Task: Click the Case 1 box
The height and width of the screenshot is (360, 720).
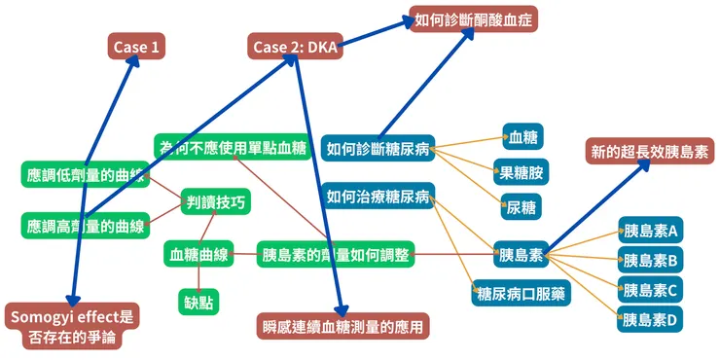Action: [x=135, y=47]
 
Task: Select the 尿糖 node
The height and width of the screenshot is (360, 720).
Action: [x=521, y=206]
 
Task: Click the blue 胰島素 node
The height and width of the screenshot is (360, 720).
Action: [x=520, y=256]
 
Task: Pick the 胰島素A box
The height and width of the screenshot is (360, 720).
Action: [x=650, y=232]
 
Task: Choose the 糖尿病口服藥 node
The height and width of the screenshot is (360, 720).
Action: [x=521, y=291]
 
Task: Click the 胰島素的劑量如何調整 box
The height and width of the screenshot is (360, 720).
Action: [x=336, y=256]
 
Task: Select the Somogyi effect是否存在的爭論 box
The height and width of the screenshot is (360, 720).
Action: [x=73, y=328]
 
